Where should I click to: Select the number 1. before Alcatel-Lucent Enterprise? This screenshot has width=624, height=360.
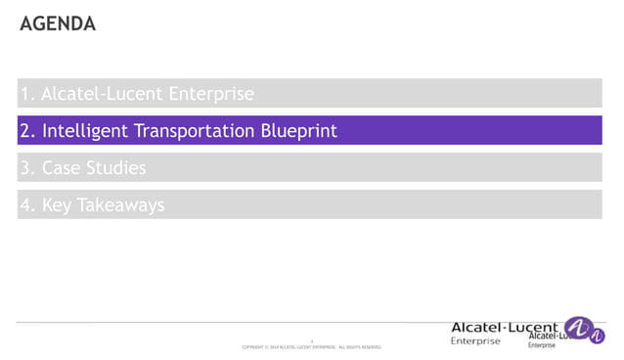click(x=27, y=95)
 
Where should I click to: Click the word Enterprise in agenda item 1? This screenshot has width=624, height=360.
click(x=211, y=95)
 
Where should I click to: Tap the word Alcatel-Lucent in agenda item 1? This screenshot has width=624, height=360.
click(x=103, y=95)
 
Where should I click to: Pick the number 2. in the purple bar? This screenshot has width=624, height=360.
click(x=27, y=131)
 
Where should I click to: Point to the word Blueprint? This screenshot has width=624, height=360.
click(x=298, y=131)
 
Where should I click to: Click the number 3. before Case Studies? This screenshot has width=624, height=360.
click(x=27, y=168)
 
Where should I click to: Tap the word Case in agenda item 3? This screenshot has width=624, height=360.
click(x=61, y=168)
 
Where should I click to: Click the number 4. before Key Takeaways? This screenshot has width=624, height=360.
click(x=27, y=205)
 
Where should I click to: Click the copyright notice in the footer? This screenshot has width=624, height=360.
click(x=311, y=346)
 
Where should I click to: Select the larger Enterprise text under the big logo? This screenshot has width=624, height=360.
click(x=475, y=341)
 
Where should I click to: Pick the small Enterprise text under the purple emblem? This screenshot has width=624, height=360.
click(x=542, y=346)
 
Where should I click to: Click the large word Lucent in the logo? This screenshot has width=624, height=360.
click(x=534, y=327)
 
